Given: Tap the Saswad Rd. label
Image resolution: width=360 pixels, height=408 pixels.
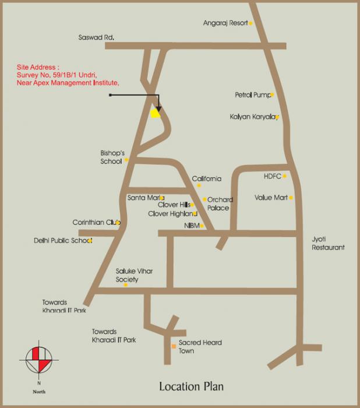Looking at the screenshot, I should point(96,37).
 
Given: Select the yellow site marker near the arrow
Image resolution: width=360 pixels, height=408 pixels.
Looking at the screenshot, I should point(155,114).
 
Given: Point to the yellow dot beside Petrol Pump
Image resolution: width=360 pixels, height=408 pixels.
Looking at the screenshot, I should point(272,94).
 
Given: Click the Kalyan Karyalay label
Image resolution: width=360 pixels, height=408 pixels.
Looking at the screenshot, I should point(253,117).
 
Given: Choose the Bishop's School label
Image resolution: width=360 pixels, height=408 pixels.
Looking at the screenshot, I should point(113,157).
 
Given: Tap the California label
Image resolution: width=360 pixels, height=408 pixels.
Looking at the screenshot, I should point(207,179).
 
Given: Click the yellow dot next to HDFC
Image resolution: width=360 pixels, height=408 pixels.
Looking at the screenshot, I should point(285,176).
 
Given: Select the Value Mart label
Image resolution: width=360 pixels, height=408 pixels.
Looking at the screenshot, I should point(271,198).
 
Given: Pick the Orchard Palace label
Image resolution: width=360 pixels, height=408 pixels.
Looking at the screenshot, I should point(220,204).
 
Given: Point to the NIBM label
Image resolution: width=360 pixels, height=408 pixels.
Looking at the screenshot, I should point(192,226).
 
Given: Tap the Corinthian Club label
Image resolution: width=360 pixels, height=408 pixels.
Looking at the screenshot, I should point(96,222).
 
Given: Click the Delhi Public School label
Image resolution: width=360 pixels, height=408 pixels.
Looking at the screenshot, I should point(62,240).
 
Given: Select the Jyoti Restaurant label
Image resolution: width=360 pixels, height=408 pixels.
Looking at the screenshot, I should point(328,243).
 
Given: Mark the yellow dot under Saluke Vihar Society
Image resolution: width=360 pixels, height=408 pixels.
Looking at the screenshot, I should point(125,284).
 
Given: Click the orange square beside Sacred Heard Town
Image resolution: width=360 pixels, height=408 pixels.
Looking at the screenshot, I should point(173,347).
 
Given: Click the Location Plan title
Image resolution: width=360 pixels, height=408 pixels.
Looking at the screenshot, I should point(191,386).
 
